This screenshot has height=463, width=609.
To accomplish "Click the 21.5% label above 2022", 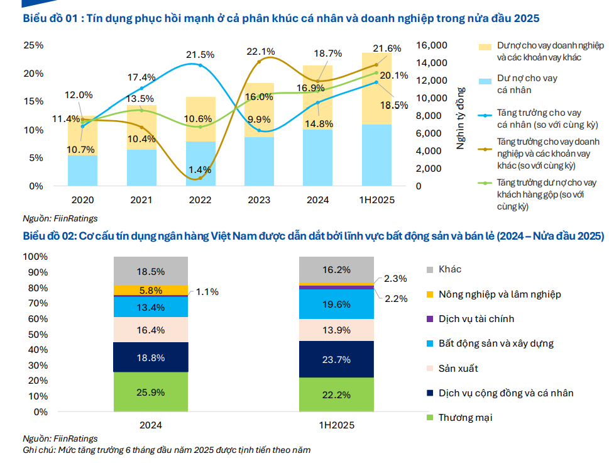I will click(200, 55).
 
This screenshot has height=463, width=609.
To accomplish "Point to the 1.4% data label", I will click(200, 170).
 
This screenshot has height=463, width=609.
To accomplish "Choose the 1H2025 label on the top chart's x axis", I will click(377, 200).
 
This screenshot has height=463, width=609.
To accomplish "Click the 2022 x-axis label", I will click(200, 200).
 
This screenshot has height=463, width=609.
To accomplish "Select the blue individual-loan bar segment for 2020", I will click(82, 170).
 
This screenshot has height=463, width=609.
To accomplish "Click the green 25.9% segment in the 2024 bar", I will click(151, 391).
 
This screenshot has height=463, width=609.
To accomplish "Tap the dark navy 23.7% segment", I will click(336, 359).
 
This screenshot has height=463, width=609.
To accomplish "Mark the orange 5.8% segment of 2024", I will click(151, 291).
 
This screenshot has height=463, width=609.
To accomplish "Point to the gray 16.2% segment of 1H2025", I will click(336, 270).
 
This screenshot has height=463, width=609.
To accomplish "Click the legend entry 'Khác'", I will click(450, 269).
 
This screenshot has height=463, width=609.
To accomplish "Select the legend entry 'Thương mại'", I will click(466, 418).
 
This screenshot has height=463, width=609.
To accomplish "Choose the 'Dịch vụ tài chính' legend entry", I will click(476, 319).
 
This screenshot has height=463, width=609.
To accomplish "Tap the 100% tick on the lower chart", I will click(35, 257).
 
